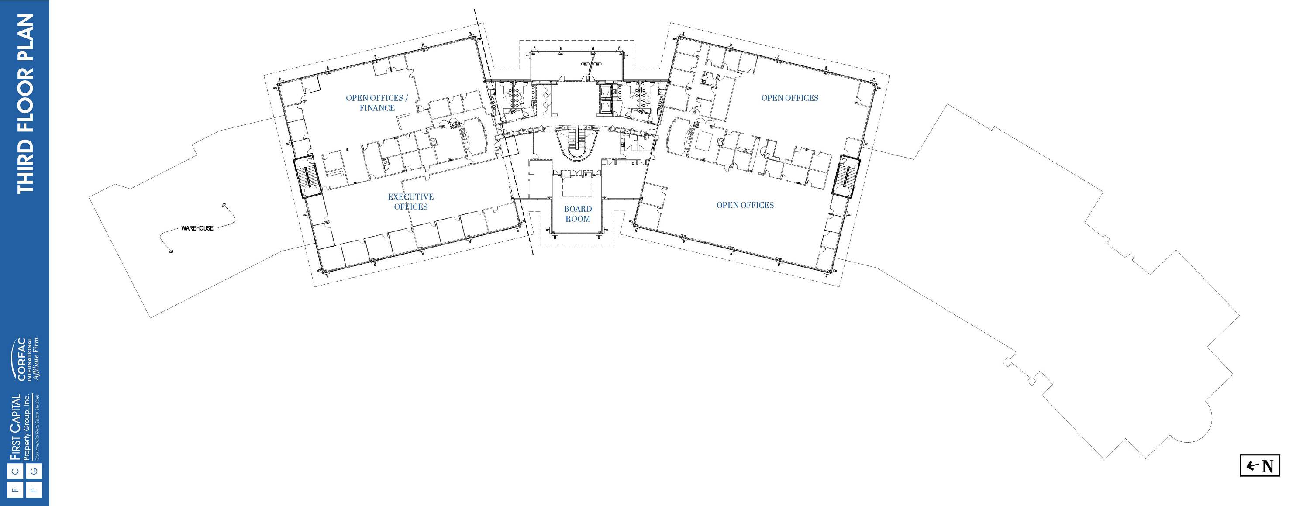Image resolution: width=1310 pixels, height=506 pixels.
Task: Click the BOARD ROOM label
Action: (578, 213)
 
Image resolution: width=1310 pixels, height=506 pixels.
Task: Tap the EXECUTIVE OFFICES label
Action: (411, 201)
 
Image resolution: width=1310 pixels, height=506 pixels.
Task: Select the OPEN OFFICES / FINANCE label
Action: (377, 103)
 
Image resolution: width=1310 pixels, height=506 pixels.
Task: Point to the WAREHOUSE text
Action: (197, 228)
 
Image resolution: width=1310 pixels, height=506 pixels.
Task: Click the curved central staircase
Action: (577, 144)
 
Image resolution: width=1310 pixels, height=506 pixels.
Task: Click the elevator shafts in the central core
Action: (606, 100)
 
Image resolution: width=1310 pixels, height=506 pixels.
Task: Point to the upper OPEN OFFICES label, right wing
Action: (790, 98)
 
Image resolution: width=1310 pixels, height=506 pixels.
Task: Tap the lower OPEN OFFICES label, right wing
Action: (745, 205)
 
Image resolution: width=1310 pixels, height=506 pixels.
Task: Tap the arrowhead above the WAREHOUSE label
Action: (224, 205)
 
